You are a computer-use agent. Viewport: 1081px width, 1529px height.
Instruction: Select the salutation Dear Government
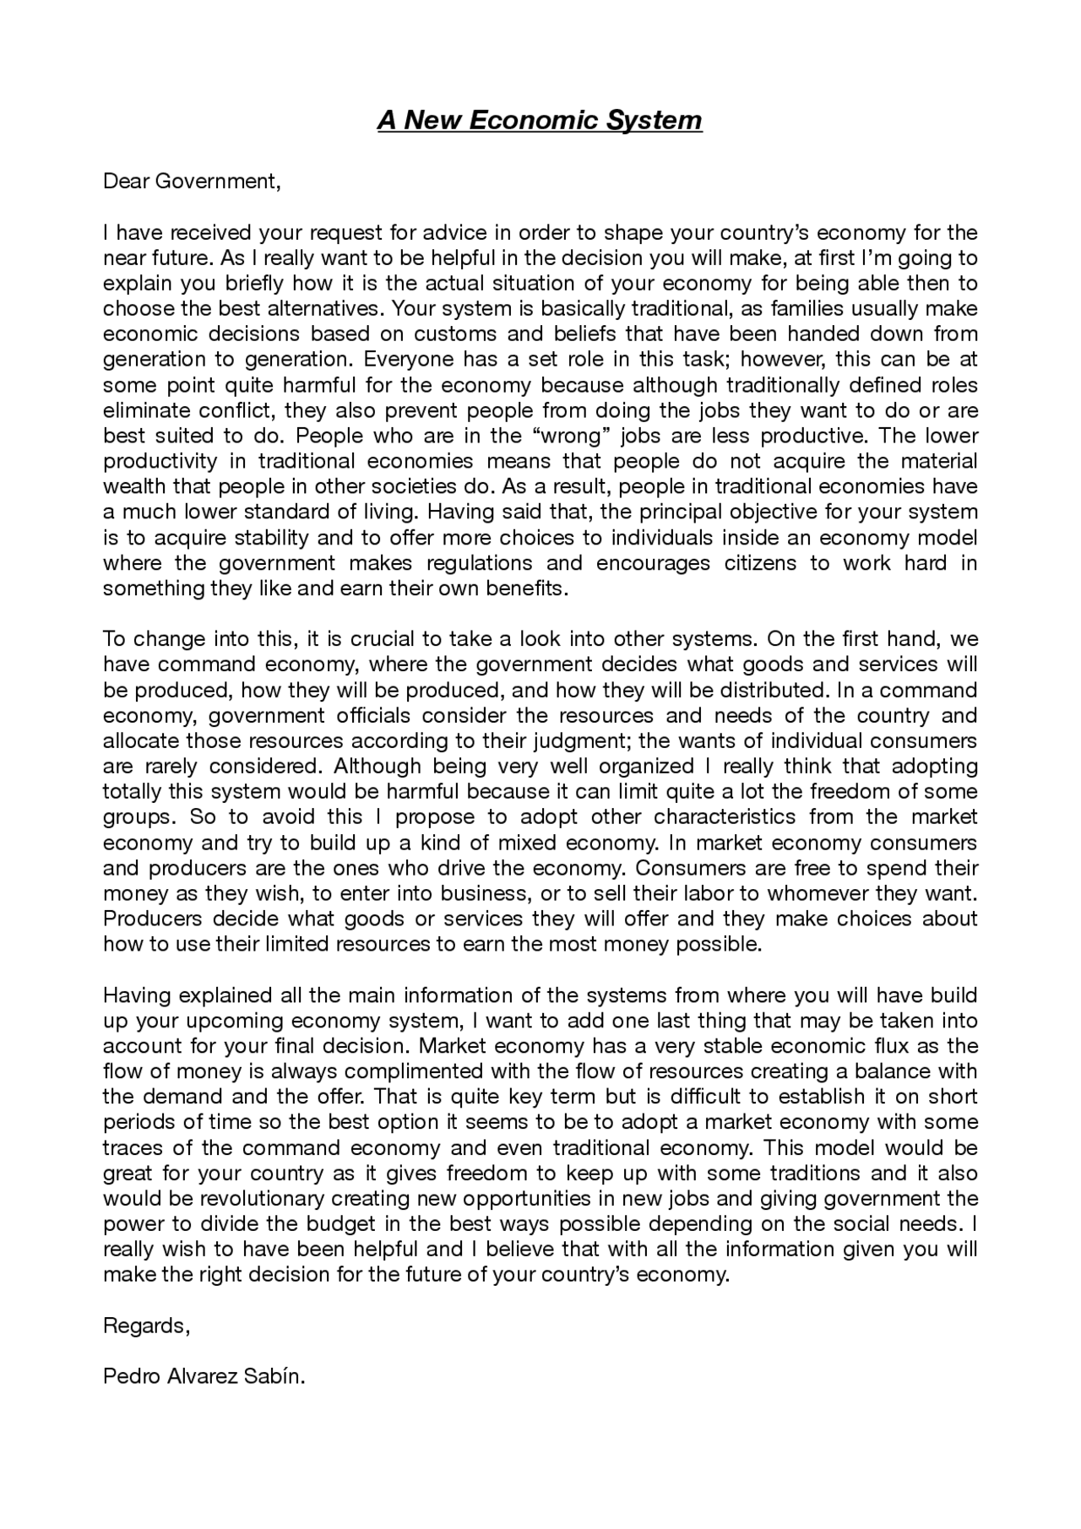pos(191,181)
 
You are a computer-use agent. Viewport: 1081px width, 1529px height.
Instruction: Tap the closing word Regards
pos(146,1326)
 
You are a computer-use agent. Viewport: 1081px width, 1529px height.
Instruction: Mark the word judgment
pos(585,741)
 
